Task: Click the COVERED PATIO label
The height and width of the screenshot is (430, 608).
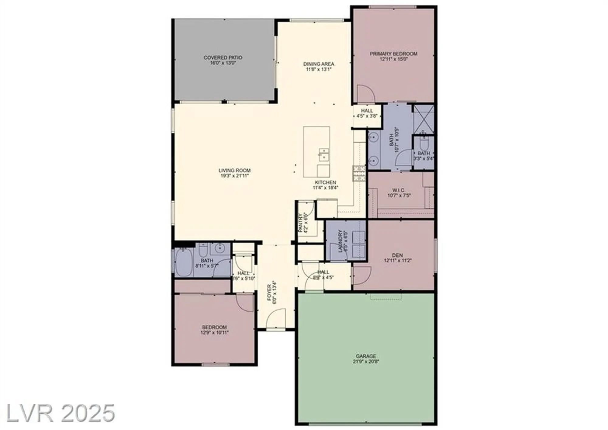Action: click(x=223, y=57)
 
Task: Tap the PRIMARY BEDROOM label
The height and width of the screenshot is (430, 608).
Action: click(x=393, y=54)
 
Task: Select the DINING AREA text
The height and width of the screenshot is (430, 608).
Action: click(x=319, y=64)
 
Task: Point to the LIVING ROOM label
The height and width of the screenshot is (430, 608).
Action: click(x=234, y=170)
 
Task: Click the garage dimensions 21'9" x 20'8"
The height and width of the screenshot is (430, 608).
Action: click(x=366, y=362)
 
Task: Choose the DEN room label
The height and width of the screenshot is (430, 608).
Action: click(x=397, y=255)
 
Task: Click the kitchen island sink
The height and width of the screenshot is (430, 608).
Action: click(x=323, y=154)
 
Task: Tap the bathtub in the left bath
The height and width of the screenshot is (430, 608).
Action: click(x=184, y=262)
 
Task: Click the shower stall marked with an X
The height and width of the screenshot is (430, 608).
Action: click(x=424, y=119)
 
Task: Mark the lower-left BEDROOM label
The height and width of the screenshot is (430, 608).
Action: click(x=214, y=327)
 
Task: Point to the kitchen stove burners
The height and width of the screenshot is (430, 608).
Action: click(x=359, y=173)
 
